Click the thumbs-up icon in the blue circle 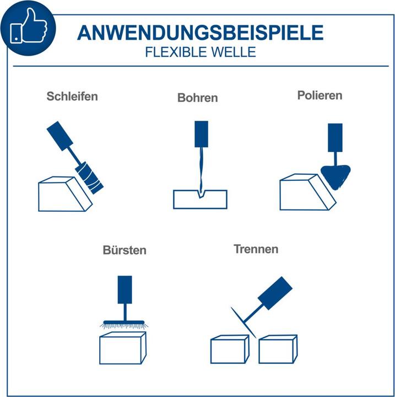28,26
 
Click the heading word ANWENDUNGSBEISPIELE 201,33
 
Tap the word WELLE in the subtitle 233,52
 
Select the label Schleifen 72,96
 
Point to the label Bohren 198,98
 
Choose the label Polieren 320,95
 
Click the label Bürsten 125,250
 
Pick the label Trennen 256,249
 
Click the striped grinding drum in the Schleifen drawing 89,178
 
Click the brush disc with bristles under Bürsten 124,324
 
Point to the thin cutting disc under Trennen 244,323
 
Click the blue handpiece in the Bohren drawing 202,134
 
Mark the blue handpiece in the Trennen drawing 275,293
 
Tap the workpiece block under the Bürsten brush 123,348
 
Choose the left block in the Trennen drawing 230,350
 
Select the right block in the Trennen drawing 278,350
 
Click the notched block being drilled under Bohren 200,200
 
